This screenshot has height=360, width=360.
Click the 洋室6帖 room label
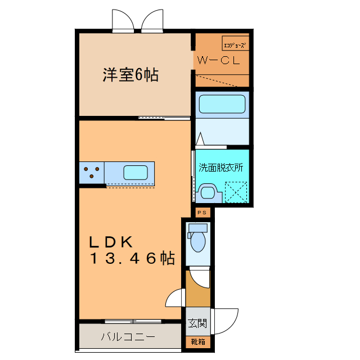click(x=130, y=75)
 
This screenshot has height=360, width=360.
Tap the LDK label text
click(x=111, y=242)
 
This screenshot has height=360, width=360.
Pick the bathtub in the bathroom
click(x=222, y=105)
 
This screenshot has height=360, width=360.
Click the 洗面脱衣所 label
click(x=220, y=168)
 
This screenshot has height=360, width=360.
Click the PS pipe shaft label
click(x=202, y=212)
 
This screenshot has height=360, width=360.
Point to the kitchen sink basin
click(x=135, y=172)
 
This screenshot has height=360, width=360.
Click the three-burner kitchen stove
click(x=92, y=172)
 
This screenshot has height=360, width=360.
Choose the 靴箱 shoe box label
click(x=197, y=341)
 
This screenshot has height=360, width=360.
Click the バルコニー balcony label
click(x=128, y=337)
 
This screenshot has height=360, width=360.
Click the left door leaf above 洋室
click(x=123, y=21)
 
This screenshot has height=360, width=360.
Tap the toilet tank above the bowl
click(x=197, y=228)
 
